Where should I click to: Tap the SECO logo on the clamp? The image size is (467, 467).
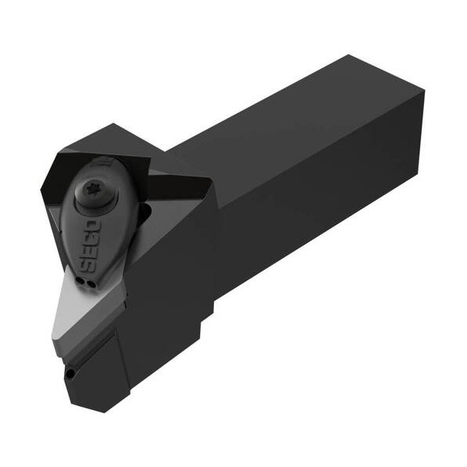90,246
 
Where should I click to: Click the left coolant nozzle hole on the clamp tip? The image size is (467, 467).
80,280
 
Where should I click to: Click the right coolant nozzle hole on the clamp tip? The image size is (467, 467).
91,284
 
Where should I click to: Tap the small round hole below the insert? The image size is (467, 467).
70,373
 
